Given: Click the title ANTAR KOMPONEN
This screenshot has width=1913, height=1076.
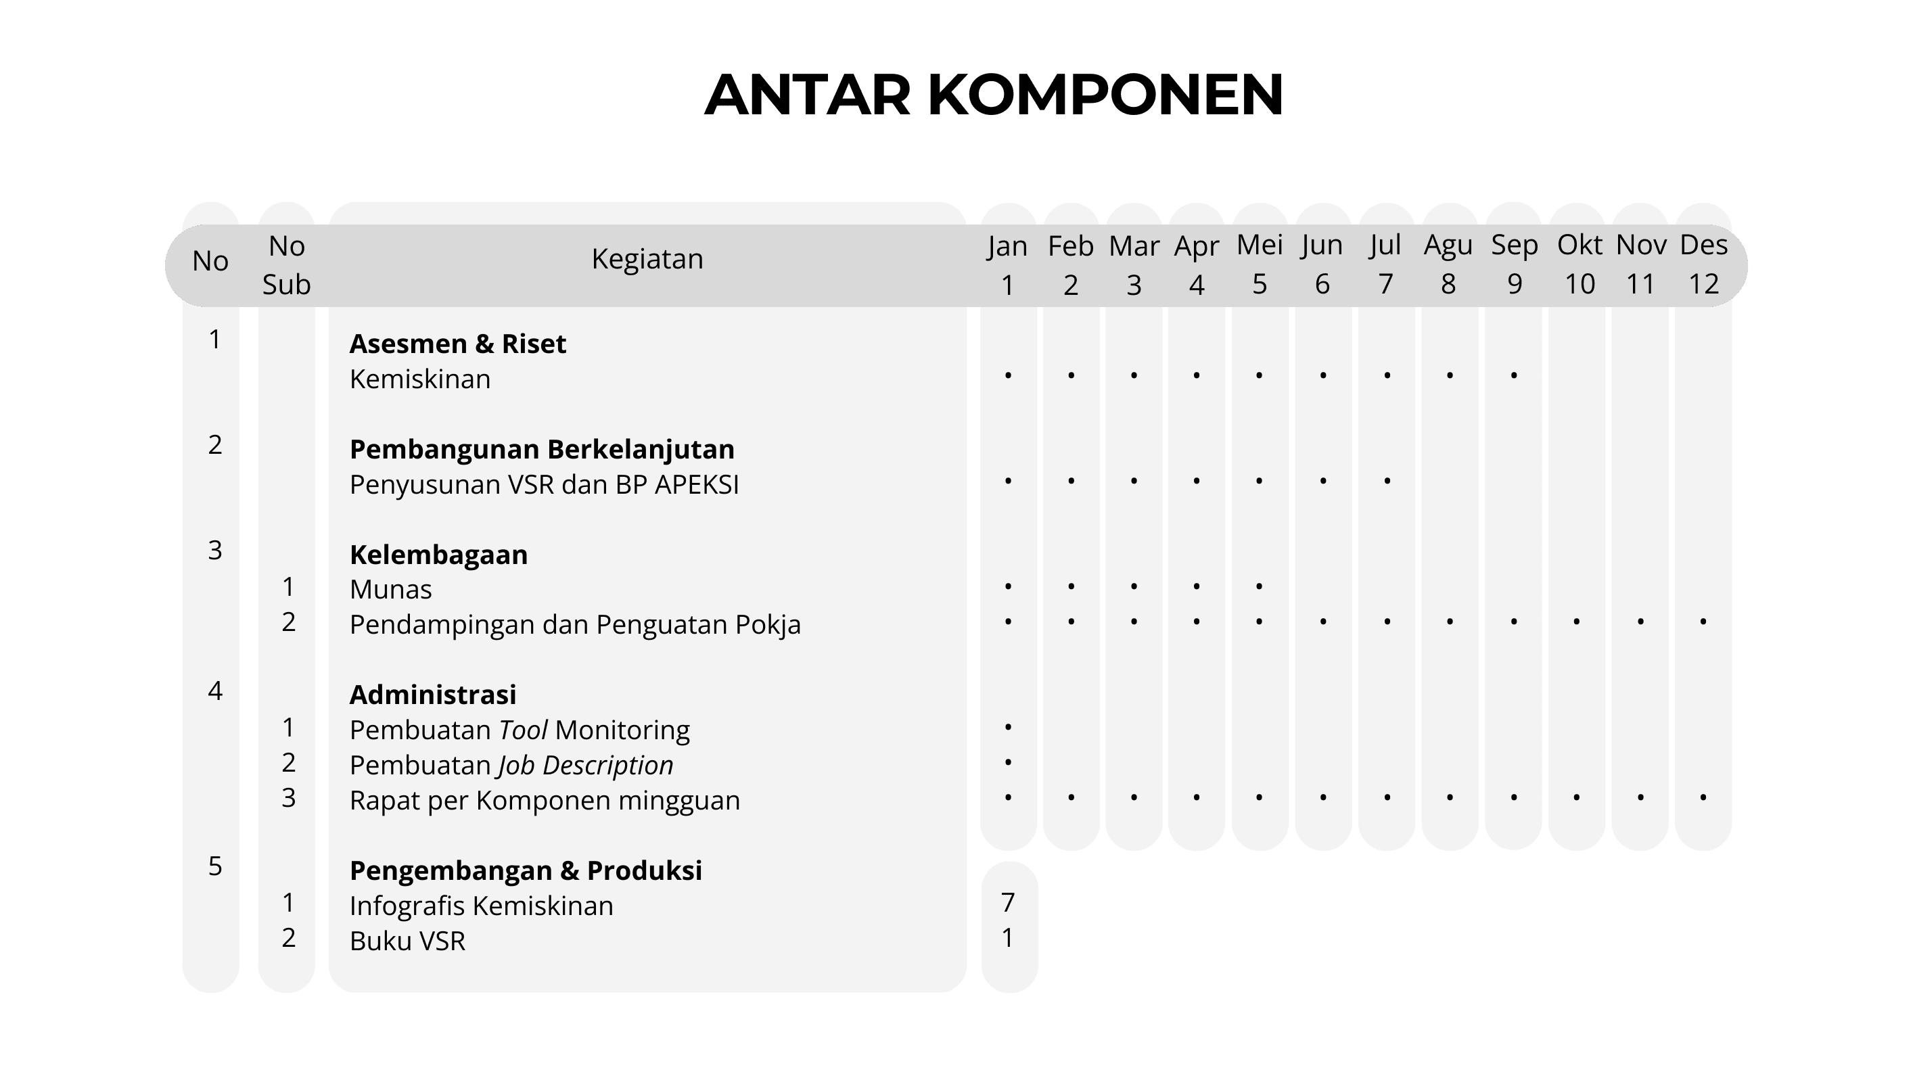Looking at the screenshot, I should [993, 95].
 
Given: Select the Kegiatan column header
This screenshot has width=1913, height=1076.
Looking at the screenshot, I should [647, 259].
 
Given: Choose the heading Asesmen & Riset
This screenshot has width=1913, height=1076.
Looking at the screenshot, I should [457, 344].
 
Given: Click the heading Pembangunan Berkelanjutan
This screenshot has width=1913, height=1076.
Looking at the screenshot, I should [541, 449].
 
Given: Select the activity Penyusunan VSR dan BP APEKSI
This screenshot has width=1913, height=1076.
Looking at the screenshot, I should [544, 485].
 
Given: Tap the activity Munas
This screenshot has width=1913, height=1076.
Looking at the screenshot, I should [390, 590].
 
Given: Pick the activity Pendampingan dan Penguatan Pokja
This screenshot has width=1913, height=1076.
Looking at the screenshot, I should [575, 624].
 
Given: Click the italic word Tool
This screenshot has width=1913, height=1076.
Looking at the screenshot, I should [523, 730].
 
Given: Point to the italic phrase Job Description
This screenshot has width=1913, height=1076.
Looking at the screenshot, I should [586, 765].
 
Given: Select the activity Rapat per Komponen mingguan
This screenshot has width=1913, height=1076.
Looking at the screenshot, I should [545, 801].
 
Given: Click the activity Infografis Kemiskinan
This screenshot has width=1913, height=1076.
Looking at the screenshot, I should [481, 906].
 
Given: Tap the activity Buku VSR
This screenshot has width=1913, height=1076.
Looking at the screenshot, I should [407, 941].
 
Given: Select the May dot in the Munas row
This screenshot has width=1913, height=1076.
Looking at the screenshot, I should [1260, 586].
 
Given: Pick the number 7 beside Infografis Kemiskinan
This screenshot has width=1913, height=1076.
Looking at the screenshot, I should [1008, 902].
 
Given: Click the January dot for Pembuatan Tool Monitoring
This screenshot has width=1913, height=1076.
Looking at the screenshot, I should [1008, 727].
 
